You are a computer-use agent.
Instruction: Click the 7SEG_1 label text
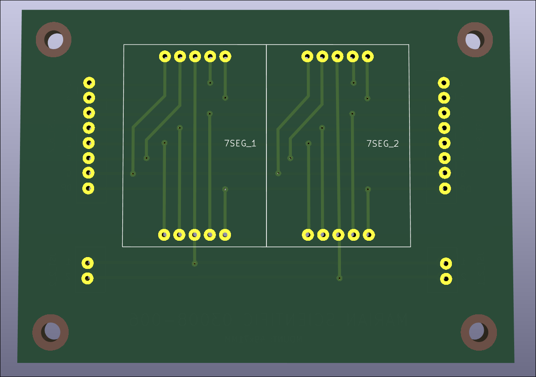coord(240,144)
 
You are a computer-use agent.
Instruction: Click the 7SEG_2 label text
coord(382,144)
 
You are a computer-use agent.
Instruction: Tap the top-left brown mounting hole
coord(54,40)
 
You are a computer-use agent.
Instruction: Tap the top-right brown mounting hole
coord(475,40)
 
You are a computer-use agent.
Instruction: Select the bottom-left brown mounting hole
coord(50,332)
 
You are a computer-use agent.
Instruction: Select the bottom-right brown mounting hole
coord(479,332)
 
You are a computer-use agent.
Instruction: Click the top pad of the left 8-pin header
coord(89,83)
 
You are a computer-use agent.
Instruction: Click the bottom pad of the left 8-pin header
coord(88,188)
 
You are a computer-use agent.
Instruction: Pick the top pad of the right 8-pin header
coord(444,83)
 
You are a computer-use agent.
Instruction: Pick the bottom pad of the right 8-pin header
coord(445,188)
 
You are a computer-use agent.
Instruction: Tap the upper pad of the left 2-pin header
coord(87,263)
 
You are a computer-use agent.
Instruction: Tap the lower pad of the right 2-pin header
coord(446,278)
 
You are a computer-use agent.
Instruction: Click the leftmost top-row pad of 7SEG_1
coord(165,56)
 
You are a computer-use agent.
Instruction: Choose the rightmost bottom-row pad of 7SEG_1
coord(225,235)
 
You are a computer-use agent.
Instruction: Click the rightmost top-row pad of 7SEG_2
coord(367,57)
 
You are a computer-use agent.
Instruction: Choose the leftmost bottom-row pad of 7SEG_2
coord(308,235)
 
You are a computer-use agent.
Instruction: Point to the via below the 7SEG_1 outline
coord(195,263)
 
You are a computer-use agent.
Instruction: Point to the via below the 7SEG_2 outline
coord(339,278)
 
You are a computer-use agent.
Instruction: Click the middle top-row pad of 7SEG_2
coord(337,57)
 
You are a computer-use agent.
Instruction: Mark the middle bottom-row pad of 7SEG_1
coord(195,235)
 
